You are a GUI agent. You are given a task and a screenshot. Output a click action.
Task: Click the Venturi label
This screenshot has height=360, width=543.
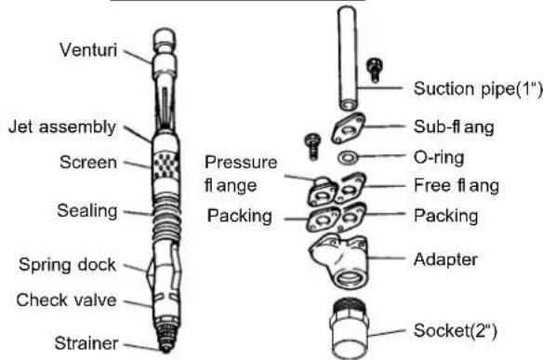pyautogui.click(x=88, y=50)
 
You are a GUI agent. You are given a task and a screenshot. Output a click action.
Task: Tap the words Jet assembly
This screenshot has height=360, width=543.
pyautogui.click(x=62, y=127)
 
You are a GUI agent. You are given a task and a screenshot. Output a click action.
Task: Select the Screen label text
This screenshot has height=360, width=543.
pyautogui.click(x=88, y=162)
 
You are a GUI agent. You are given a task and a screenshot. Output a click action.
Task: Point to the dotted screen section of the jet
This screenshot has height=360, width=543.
pyautogui.click(x=166, y=165)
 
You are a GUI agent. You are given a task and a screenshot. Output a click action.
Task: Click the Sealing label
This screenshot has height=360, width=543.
pyautogui.click(x=87, y=211)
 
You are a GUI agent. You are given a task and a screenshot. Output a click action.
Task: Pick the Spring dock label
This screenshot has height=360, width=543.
pyautogui.click(x=67, y=265)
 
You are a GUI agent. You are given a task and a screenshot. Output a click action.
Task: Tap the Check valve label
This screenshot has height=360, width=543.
pyautogui.click(x=67, y=300)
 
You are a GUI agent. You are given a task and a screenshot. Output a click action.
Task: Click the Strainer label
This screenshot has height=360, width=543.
pyautogui.click(x=86, y=343)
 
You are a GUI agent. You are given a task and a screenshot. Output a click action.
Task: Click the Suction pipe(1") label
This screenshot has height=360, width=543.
pyautogui.click(x=478, y=89)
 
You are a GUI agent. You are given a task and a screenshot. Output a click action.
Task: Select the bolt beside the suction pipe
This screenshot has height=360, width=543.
pyautogui.click(x=375, y=71)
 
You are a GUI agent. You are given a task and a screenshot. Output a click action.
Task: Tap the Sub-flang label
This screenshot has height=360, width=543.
pyautogui.click(x=454, y=127)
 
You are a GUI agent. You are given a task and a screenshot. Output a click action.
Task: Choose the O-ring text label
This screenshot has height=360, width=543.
pyautogui.click(x=439, y=157)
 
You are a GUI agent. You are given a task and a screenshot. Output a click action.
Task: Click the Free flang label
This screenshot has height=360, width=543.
pyautogui.click(x=457, y=185)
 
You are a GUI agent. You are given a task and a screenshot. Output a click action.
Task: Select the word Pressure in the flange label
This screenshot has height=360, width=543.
pyautogui.click(x=241, y=162)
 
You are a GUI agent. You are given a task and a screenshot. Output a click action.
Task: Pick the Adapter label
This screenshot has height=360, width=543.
pyautogui.click(x=445, y=260)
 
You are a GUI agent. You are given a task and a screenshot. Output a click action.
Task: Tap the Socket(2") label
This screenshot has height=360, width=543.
pyautogui.click(x=456, y=330)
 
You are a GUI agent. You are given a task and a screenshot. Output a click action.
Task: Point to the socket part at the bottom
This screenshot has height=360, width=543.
pyautogui.click(x=349, y=328)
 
